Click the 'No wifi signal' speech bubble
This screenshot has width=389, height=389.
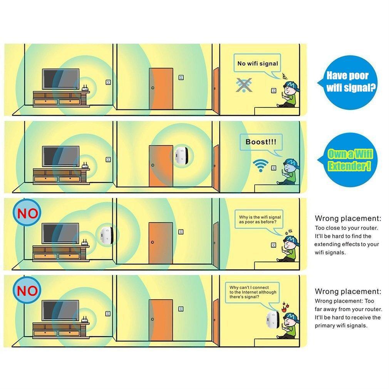click(257, 63)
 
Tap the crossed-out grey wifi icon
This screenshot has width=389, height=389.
click(244, 85)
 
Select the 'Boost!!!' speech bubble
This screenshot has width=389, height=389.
click(261, 142)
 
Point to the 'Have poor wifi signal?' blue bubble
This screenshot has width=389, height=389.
click(348, 82)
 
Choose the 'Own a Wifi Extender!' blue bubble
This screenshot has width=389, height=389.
click(348, 159)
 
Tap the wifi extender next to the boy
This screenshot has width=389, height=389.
click(272, 320)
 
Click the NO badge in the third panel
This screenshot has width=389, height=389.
click(27, 213)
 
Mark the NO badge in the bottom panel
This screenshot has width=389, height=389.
click(27, 290)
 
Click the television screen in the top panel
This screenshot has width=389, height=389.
click(60, 79)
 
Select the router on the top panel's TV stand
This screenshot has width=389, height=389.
click(85, 89)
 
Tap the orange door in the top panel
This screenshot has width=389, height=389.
click(161, 89)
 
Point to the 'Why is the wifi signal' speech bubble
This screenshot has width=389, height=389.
click(259, 220)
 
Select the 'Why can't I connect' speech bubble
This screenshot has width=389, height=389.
click(252, 292)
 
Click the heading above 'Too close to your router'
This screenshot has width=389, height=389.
click(348, 218)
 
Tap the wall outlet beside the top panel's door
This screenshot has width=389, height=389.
click(181, 77)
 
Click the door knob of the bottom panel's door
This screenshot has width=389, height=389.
click(152, 319)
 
